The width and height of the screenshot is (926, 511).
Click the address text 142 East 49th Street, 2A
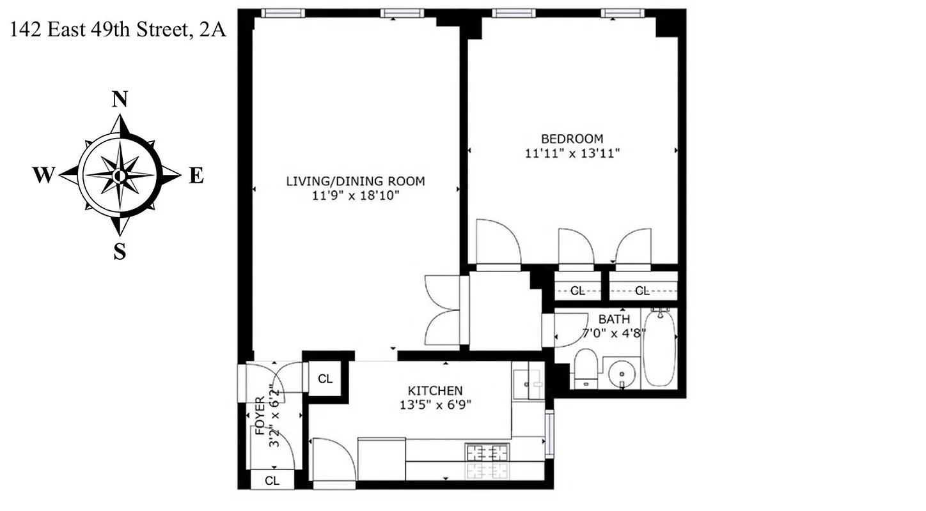(118, 31)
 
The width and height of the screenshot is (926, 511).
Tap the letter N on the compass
(120, 100)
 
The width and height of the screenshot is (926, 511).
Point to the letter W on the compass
(43, 175)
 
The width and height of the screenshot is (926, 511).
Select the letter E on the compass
(196, 175)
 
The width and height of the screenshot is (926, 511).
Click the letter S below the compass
(120, 252)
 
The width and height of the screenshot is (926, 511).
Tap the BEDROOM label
(572, 139)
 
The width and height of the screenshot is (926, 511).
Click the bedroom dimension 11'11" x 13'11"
(572, 153)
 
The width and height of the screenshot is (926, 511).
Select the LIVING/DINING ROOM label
(355, 181)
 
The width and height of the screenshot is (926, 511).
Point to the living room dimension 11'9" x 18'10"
(355, 196)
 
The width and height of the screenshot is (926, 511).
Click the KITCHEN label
(435, 390)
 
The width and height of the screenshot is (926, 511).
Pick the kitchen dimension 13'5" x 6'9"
(435, 404)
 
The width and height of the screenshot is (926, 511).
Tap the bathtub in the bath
(659, 348)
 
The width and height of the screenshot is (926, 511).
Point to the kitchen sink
(527, 382)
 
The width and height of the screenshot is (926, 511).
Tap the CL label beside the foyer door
(326, 379)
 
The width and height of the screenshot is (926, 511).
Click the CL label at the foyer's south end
(272, 480)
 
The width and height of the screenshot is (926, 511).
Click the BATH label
(614, 319)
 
